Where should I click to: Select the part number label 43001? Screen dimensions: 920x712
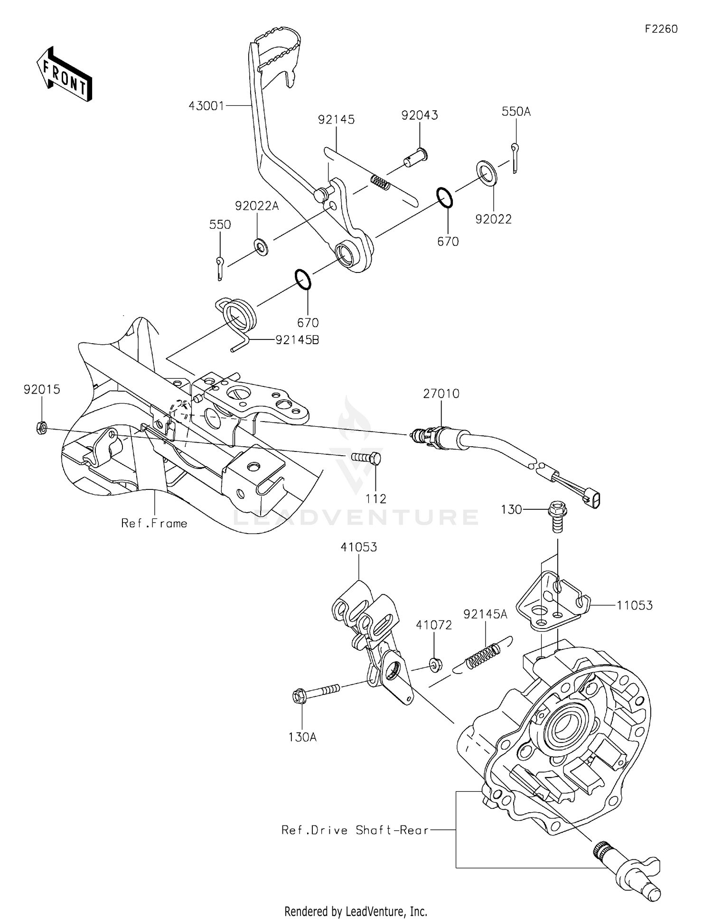206,105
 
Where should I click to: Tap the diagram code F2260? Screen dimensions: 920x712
661,29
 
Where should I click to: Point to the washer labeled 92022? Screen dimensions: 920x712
487,174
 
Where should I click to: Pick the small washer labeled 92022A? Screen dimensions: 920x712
261,246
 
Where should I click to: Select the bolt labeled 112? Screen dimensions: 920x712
366,458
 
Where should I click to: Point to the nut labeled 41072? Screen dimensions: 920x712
435,664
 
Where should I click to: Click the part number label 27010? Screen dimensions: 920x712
441,394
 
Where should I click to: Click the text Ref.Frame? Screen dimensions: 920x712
154,523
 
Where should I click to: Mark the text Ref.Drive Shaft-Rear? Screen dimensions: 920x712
355,830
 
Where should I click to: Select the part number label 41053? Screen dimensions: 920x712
358,547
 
